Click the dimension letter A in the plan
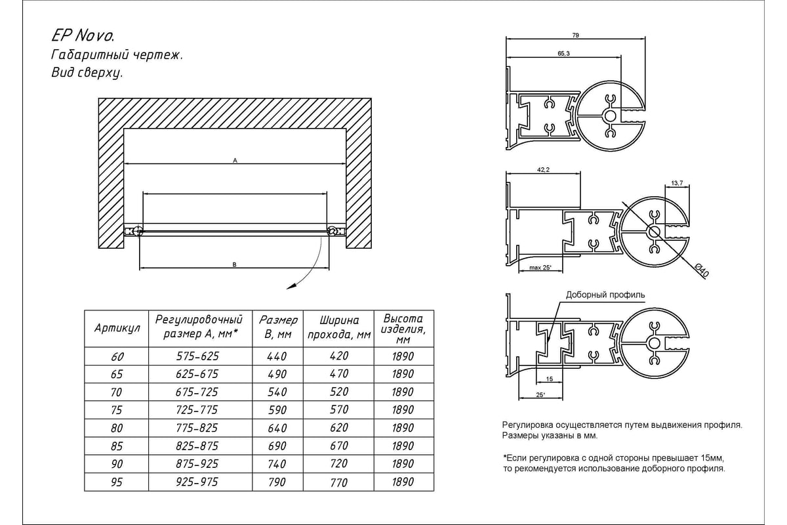[x=235, y=159]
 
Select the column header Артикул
[x=117, y=328]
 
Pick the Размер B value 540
[x=277, y=392]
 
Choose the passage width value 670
[x=338, y=446]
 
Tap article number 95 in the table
[x=118, y=482]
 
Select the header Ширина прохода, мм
[x=338, y=328]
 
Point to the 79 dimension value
[x=576, y=35]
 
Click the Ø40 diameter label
[x=700, y=269]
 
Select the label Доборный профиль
[x=605, y=295]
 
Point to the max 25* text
[x=540, y=268]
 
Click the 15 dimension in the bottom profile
[x=549, y=379]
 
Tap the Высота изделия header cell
[x=403, y=328]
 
